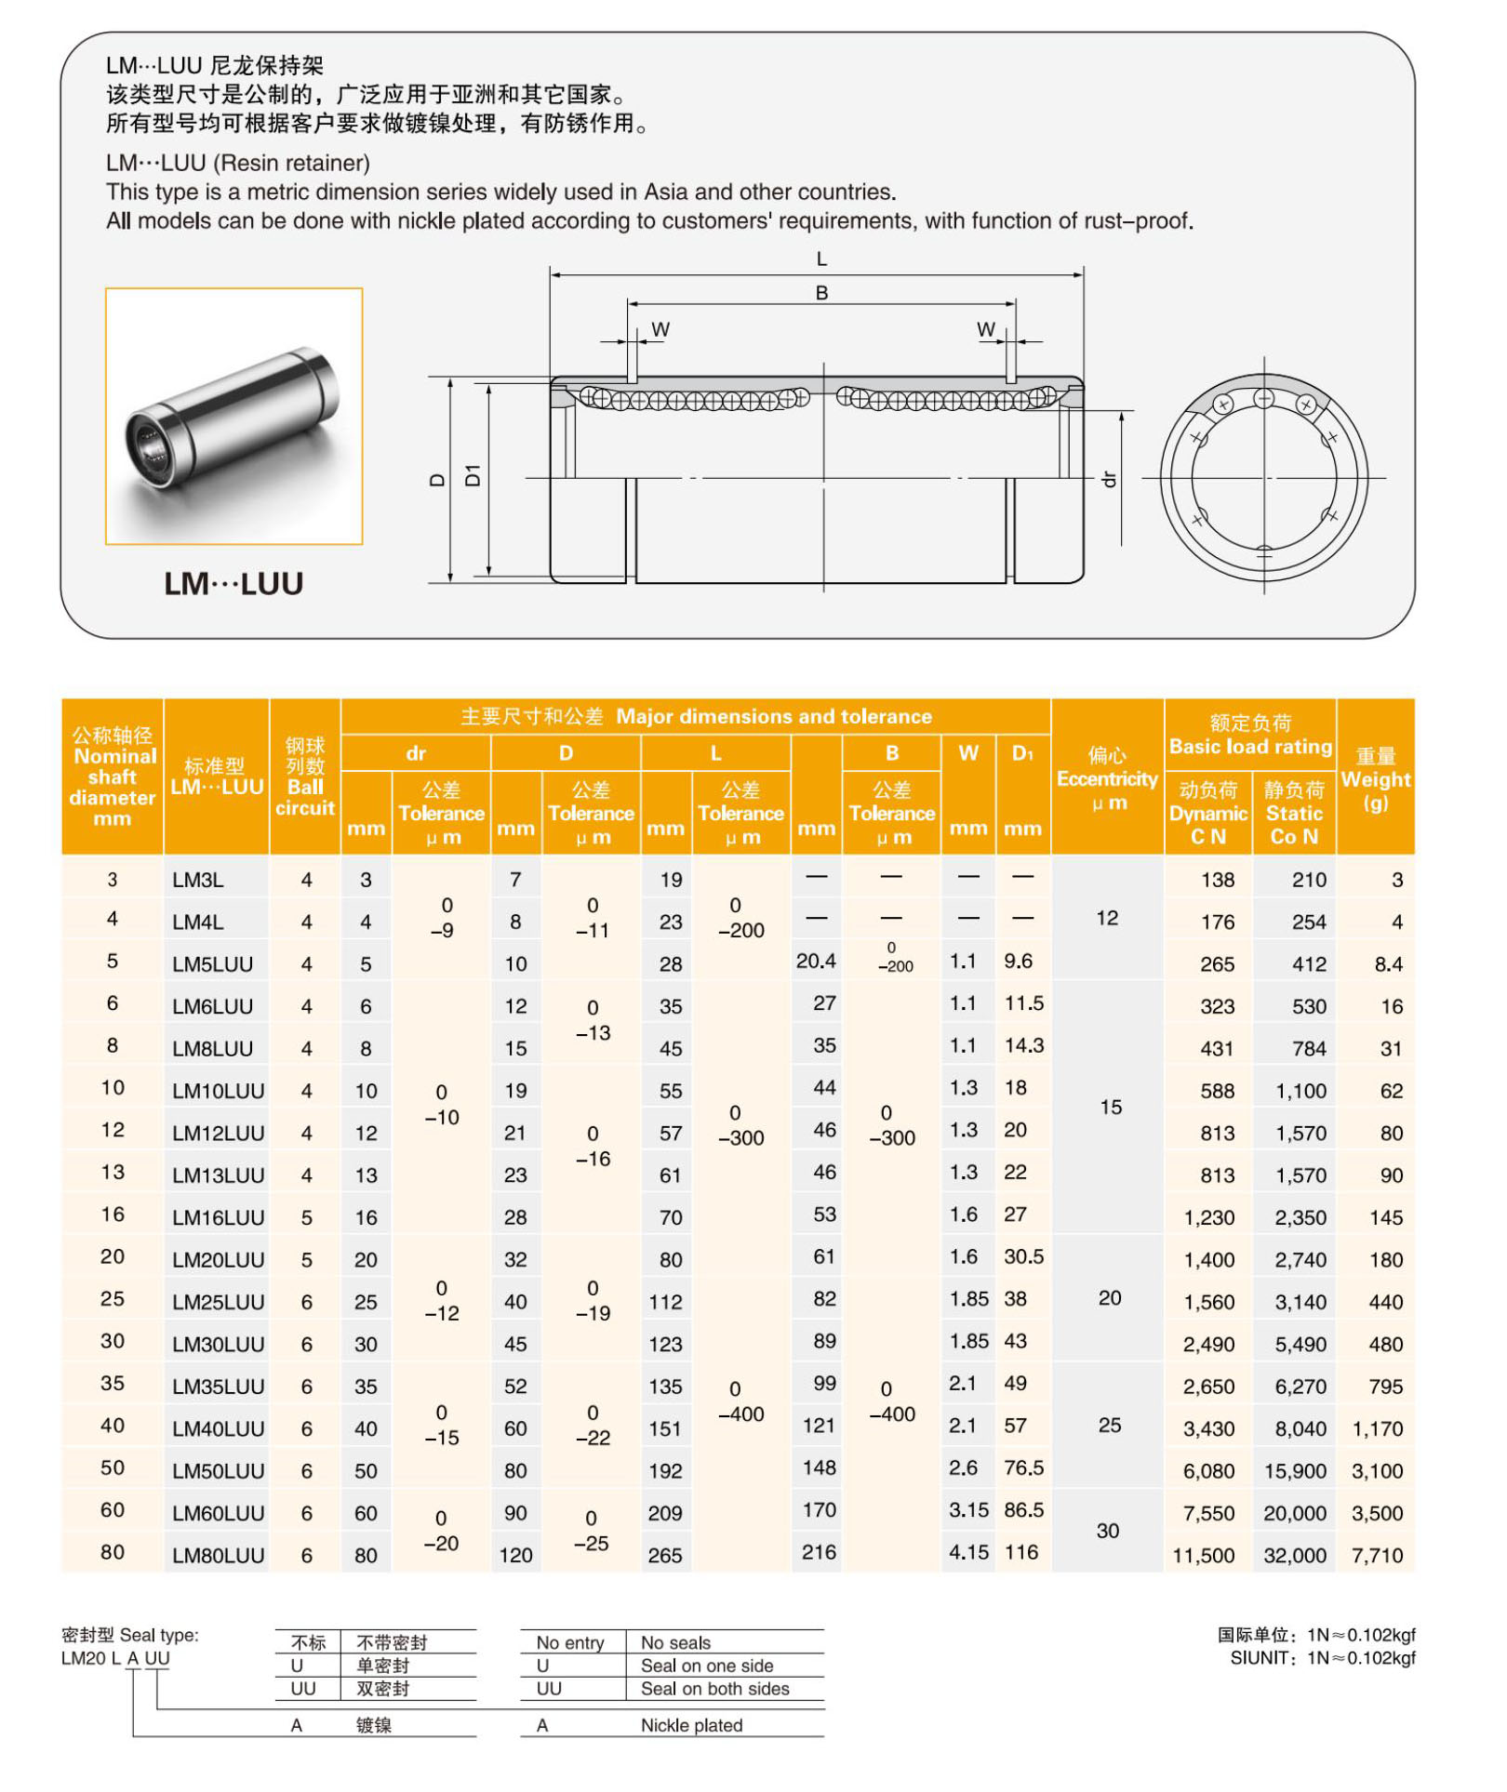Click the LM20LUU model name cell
[218, 1259]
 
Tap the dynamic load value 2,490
[1208, 1344]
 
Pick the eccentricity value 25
[1109, 1425]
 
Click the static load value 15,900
[1294, 1470]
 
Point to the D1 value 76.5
[1022, 1467]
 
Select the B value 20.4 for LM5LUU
[815, 962]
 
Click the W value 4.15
[967, 1552]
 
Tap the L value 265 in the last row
[665, 1555]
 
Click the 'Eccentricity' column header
[1106, 779]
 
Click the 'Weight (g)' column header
[1375, 779]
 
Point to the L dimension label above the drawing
[821, 259]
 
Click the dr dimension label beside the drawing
[1108, 479]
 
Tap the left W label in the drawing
[660, 330]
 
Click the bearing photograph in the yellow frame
[233, 417]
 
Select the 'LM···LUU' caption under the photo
[233, 584]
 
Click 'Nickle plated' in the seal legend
[691, 1725]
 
